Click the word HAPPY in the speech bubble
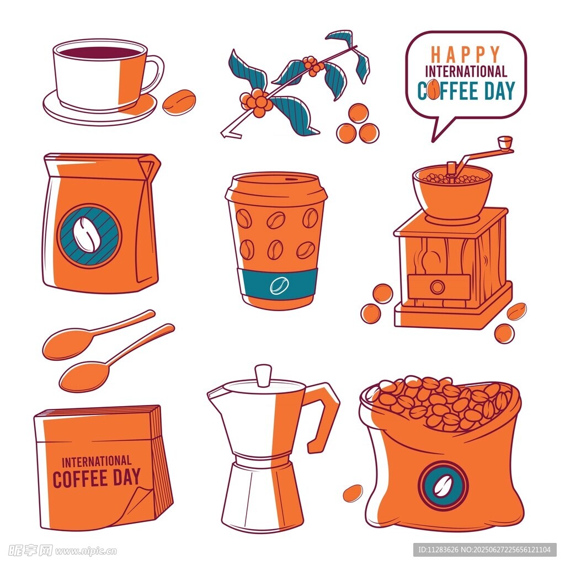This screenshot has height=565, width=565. click(465, 55)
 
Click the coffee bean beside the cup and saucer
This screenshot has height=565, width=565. click(179, 102)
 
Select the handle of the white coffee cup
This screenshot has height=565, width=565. click(155, 74)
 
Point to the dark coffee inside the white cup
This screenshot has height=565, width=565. click(100, 52)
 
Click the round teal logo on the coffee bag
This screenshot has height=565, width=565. click(89, 236)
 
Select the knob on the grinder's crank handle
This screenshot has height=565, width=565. click(505, 142)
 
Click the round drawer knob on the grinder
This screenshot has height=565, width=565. click(438, 287)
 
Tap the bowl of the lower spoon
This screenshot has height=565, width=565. click(84, 376)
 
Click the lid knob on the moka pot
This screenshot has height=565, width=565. click(263, 375)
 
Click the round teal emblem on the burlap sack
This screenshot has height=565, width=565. click(443, 486)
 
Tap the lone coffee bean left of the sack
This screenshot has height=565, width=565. click(353, 493)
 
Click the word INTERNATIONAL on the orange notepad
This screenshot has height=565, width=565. click(97, 462)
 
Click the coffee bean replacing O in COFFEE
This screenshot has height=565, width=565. click(434, 89)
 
